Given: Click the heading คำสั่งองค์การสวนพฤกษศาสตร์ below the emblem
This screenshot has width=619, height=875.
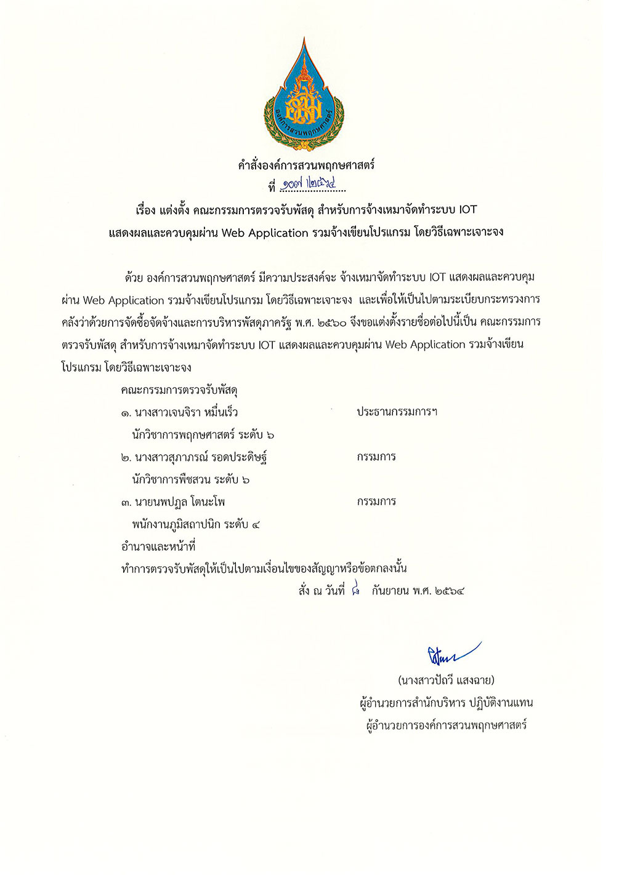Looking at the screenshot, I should tap(306, 165).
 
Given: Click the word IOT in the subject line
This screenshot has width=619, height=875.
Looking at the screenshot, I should tap(467, 210).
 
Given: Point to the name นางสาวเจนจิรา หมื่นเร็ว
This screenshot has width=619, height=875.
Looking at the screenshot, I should tap(185, 412).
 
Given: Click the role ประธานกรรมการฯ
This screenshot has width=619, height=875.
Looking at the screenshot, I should tap(397, 412).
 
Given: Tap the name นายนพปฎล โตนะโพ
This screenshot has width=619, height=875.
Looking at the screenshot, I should tap(179, 502).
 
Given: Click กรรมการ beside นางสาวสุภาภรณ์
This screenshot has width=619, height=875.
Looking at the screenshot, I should tap(376, 457).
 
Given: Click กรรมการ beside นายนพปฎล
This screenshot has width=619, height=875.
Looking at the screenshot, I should tap(376, 501).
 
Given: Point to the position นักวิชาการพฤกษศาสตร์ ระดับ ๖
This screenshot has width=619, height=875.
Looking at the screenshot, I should tap(203, 435).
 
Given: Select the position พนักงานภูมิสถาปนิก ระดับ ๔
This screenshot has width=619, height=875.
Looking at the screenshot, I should tap(195, 524).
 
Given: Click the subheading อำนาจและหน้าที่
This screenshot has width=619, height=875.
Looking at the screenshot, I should tap(158, 546).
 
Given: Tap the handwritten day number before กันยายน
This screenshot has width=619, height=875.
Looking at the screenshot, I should tap(355, 591).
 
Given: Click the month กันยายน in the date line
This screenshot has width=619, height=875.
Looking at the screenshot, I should tap(390, 591).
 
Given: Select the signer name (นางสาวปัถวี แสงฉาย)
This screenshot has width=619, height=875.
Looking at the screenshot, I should tap(446, 681).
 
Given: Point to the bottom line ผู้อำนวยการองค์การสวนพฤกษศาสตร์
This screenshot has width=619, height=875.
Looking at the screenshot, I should tap(446, 725).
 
